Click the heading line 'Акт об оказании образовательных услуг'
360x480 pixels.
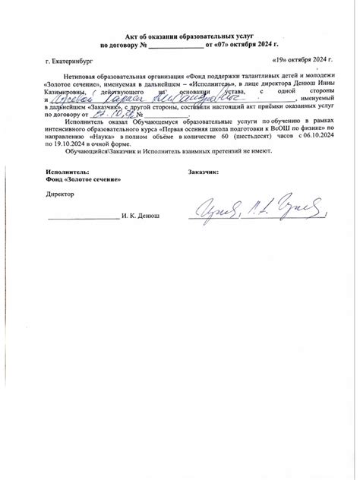click(180, 36)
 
